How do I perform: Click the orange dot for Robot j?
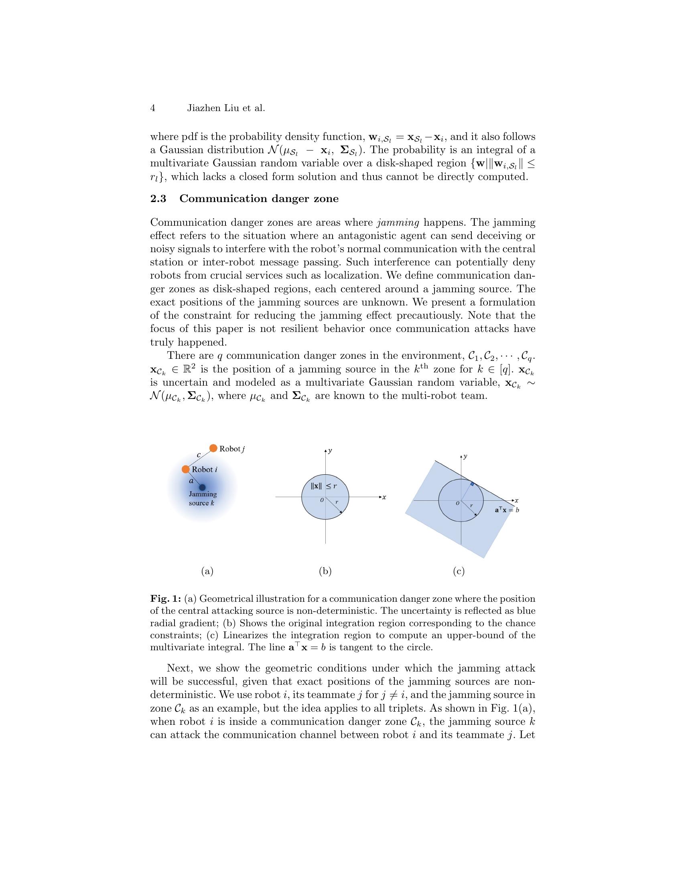click(x=213, y=448)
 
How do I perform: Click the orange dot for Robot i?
click(x=186, y=469)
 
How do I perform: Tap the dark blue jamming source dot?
click(x=202, y=488)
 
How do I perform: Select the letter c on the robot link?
click(x=198, y=455)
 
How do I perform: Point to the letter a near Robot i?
click(x=191, y=481)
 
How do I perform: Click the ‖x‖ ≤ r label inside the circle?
click(x=324, y=486)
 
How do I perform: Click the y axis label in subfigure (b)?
click(x=331, y=450)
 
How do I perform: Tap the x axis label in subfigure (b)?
click(x=384, y=497)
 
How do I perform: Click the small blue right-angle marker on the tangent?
click(x=472, y=483)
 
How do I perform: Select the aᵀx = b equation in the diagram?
click(x=507, y=510)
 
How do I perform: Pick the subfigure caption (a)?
click(x=207, y=571)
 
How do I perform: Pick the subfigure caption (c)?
click(x=459, y=571)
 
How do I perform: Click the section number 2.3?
click(x=158, y=199)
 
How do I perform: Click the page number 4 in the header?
click(x=153, y=108)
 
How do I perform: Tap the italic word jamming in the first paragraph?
click(x=398, y=223)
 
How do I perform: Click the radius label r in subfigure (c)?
click(x=471, y=505)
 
